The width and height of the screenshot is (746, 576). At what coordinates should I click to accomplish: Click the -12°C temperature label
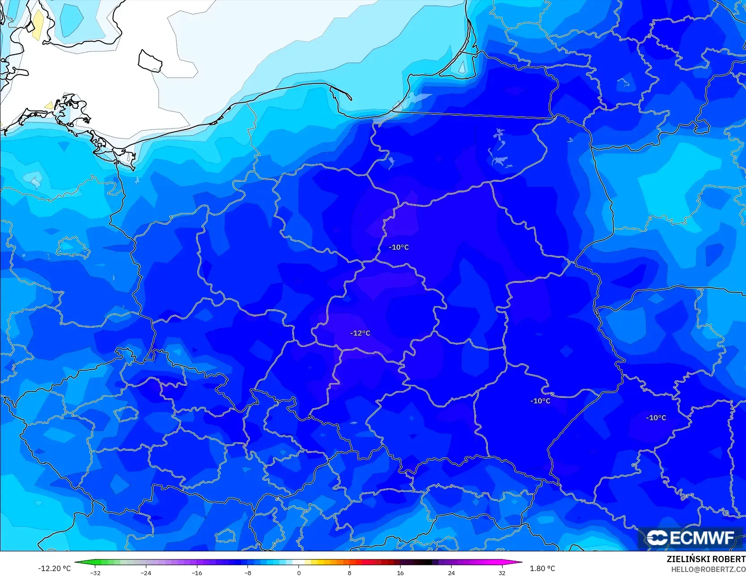pyautogui.click(x=360, y=333)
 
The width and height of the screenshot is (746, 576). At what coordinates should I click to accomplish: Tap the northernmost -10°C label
pyautogui.click(x=399, y=247)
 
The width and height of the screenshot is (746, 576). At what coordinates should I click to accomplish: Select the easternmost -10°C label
pyautogui.click(x=656, y=418)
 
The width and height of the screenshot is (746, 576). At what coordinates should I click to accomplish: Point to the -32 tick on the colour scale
pyautogui.click(x=95, y=572)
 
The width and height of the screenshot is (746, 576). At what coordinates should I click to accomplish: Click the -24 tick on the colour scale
pyautogui.click(x=146, y=572)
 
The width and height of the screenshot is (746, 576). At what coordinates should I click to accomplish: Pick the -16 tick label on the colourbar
pyautogui.click(x=197, y=572)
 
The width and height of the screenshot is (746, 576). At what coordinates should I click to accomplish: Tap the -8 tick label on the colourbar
pyautogui.click(x=248, y=572)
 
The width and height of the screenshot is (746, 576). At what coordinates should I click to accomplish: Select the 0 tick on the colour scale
pyautogui.click(x=299, y=572)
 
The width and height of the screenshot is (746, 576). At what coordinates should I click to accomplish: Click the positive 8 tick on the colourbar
pyautogui.click(x=350, y=572)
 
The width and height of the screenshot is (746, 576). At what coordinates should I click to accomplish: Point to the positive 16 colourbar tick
pyautogui.click(x=400, y=572)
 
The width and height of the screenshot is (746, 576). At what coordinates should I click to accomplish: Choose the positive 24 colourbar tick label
pyautogui.click(x=451, y=572)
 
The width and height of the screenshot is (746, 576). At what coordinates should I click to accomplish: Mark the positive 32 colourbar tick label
pyautogui.click(x=502, y=572)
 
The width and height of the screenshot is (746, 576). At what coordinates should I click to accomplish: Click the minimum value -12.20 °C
pyautogui.click(x=54, y=568)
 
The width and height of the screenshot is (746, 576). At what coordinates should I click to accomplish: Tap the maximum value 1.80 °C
pyautogui.click(x=542, y=568)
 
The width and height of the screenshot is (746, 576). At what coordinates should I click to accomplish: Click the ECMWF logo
pyautogui.click(x=691, y=538)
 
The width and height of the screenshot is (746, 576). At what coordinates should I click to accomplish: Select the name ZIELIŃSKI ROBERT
pyautogui.click(x=706, y=559)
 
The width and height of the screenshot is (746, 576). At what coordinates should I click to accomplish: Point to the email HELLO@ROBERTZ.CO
pyautogui.click(x=708, y=569)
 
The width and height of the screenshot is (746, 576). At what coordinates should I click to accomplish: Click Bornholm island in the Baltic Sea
pyautogui.click(x=150, y=61)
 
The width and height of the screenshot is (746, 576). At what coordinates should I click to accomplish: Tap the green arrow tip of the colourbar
pyautogui.click(x=77, y=562)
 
